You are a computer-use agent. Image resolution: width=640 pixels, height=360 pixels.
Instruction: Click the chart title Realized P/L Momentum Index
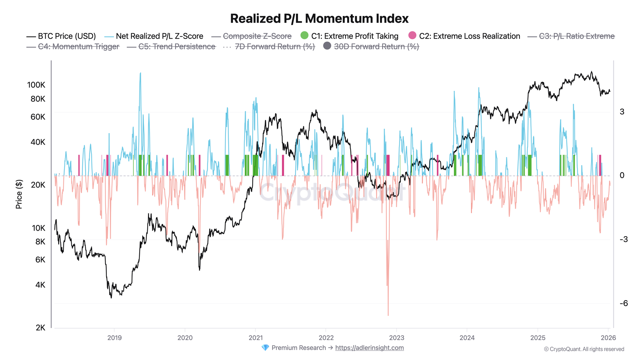pyautogui.click(x=319, y=19)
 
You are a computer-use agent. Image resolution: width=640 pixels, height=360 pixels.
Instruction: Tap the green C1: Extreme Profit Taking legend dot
pyautogui.click(x=305, y=36)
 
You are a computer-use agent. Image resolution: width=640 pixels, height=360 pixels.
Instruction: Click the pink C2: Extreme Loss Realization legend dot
pyautogui.click(x=412, y=36)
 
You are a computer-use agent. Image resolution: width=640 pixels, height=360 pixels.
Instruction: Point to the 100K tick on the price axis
pyautogui.click(x=36, y=85)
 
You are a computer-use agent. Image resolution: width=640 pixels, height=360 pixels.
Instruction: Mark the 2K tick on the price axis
pyautogui.click(x=40, y=328)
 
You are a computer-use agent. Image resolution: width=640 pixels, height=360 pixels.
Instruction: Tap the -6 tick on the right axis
pyautogui.click(x=624, y=303)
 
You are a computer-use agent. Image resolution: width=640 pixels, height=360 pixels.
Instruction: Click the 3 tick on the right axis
pyautogui.click(x=622, y=112)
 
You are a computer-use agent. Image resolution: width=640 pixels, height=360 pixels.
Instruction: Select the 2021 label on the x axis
pyautogui.click(x=255, y=338)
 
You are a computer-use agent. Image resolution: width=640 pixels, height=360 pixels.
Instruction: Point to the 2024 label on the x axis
pyautogui.click(x=467, y=338)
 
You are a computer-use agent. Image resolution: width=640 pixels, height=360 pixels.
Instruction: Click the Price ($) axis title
pyautogui.click(x=19, y=194)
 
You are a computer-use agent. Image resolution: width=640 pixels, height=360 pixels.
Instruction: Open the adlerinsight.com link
pyautogui.click(x=369, y=348)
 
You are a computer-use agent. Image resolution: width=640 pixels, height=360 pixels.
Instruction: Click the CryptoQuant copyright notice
pyautogui.click(x=584, y=349)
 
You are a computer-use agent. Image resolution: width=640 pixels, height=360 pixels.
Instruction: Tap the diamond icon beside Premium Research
pyautogui.click(x=265, y=348)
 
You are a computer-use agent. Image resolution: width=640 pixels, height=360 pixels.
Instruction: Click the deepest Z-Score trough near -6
pyautogui.click(x=388, y=315)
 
